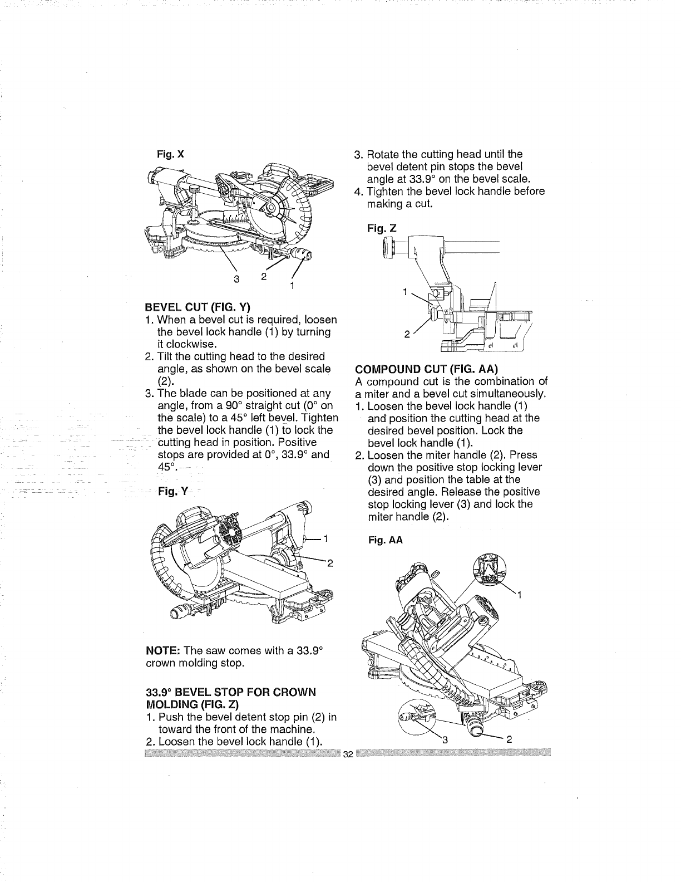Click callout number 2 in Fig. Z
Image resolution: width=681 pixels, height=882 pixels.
[x=407, y=335]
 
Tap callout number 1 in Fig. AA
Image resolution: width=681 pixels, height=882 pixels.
[x=519, y=596]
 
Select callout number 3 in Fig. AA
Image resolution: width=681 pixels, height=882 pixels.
[x=444, y=739]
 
